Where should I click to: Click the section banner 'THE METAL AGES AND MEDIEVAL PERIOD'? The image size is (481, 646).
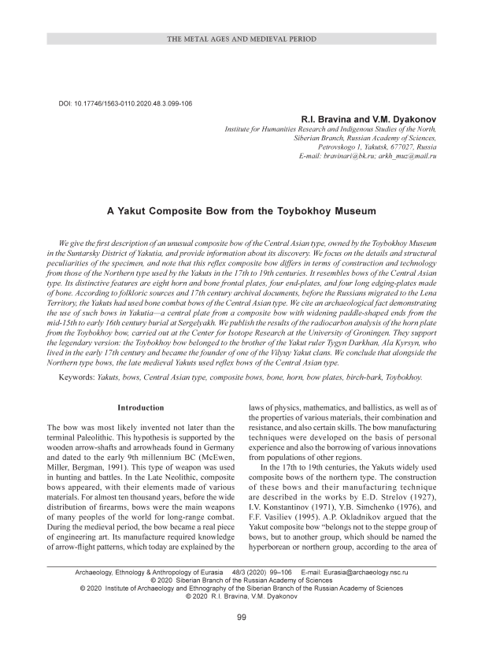pos(240,39)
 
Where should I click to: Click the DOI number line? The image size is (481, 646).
pos(126,104)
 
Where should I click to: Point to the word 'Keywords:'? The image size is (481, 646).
pos(80,377)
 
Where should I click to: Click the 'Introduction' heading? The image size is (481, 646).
pos(140,408)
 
